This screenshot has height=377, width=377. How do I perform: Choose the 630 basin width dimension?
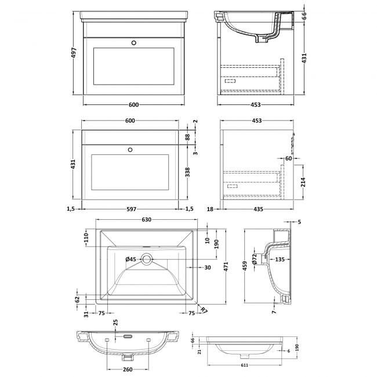[x=147, y=220]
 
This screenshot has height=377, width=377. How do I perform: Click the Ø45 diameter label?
[x=130, y=259]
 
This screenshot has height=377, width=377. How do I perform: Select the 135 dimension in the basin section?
[x=280, y=259]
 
